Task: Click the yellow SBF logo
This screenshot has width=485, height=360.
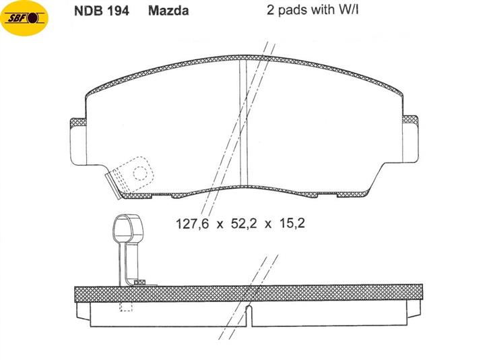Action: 25,18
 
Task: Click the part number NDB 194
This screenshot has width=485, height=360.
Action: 102,11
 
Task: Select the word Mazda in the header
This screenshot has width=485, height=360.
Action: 168,11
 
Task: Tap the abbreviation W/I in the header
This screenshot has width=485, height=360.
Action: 349,10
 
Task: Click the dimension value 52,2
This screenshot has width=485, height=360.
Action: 244,224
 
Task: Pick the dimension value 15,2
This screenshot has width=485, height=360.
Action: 292,224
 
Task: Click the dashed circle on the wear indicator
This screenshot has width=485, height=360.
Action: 140,173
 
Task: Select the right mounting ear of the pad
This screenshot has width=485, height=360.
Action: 410,139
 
